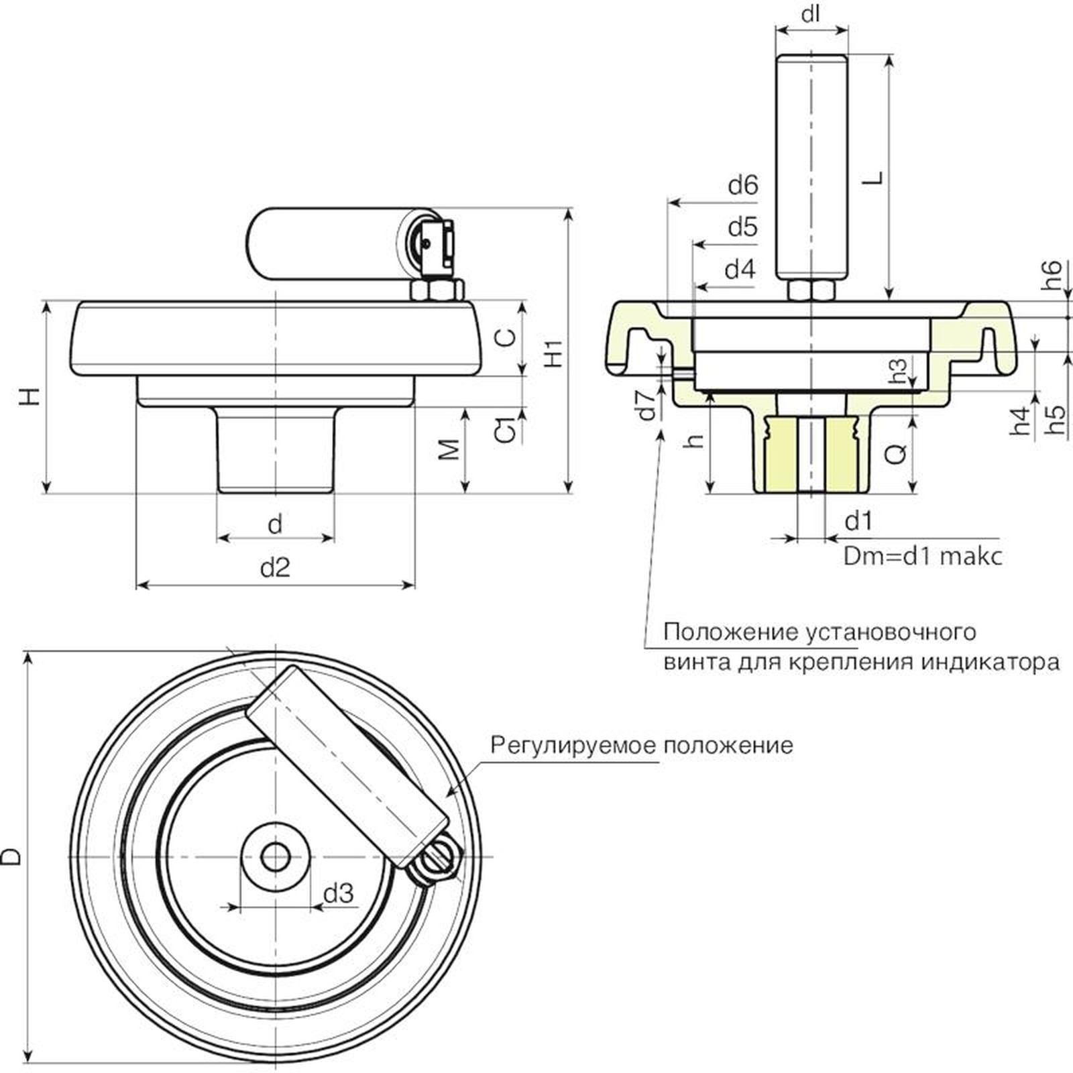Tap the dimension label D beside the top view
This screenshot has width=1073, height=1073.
(11, 856)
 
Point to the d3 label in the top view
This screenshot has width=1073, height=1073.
(338, 893)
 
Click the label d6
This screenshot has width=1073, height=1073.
(742, 185)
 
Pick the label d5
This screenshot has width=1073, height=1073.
(742, 228)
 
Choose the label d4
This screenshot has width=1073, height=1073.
(740, 270)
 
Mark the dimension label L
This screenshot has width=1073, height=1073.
(873, 178)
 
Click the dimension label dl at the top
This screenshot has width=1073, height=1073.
(811, 13)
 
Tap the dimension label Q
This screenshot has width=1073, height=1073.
(895, 454)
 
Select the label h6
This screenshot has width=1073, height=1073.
(1052, 275)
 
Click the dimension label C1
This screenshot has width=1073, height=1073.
(508, 429)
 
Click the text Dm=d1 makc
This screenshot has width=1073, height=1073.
(923, 557)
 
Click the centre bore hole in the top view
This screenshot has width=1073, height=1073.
(275, 856)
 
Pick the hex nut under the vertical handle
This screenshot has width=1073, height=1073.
(811, 290)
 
